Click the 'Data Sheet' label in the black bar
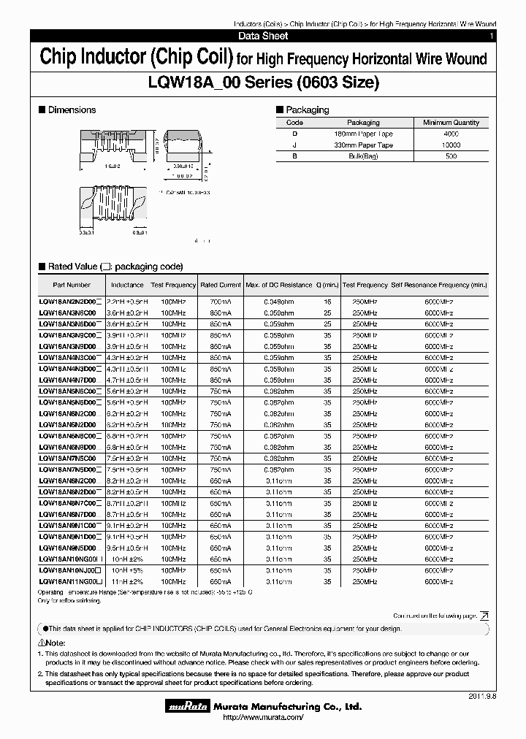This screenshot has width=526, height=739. click(263, 36)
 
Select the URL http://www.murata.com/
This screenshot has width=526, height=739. click(262, 719)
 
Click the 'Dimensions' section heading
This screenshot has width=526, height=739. click(71, 110)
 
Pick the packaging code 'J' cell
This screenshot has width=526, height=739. click(295, 145)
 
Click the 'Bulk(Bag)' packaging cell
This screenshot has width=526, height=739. click(363, 156)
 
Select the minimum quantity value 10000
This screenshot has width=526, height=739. click(451, 145)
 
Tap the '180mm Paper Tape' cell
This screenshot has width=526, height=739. click(363, 134)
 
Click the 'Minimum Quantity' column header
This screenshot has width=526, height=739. click(451, 123)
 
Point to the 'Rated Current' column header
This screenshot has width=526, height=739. click(220, 285)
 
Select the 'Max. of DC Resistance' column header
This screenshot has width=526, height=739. click(278, 285)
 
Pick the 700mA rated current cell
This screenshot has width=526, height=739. click(220, 301)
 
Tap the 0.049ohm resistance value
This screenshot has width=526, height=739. click(278, 301)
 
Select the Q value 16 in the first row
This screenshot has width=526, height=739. click(327, 301)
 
